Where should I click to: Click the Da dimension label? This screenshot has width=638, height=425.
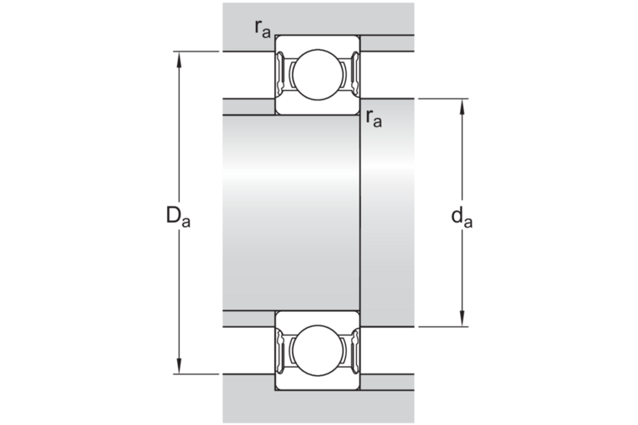tap(178, 216)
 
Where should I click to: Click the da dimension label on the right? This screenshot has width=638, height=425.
tap(462, 217)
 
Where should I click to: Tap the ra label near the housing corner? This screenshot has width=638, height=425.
tap(262, 29)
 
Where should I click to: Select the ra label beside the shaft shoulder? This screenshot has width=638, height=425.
tap(374, 118)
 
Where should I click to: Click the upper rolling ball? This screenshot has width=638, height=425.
tap(318, 74)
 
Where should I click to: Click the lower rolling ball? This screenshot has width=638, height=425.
tap(318, 350)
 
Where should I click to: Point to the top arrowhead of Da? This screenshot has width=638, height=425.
tap(179, 58)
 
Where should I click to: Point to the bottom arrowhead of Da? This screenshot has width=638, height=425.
tap(179, 366)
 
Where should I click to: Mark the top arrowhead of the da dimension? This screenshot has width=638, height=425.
tap(462, 106)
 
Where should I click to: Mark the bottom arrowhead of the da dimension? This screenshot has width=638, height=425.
tap(462, 319)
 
